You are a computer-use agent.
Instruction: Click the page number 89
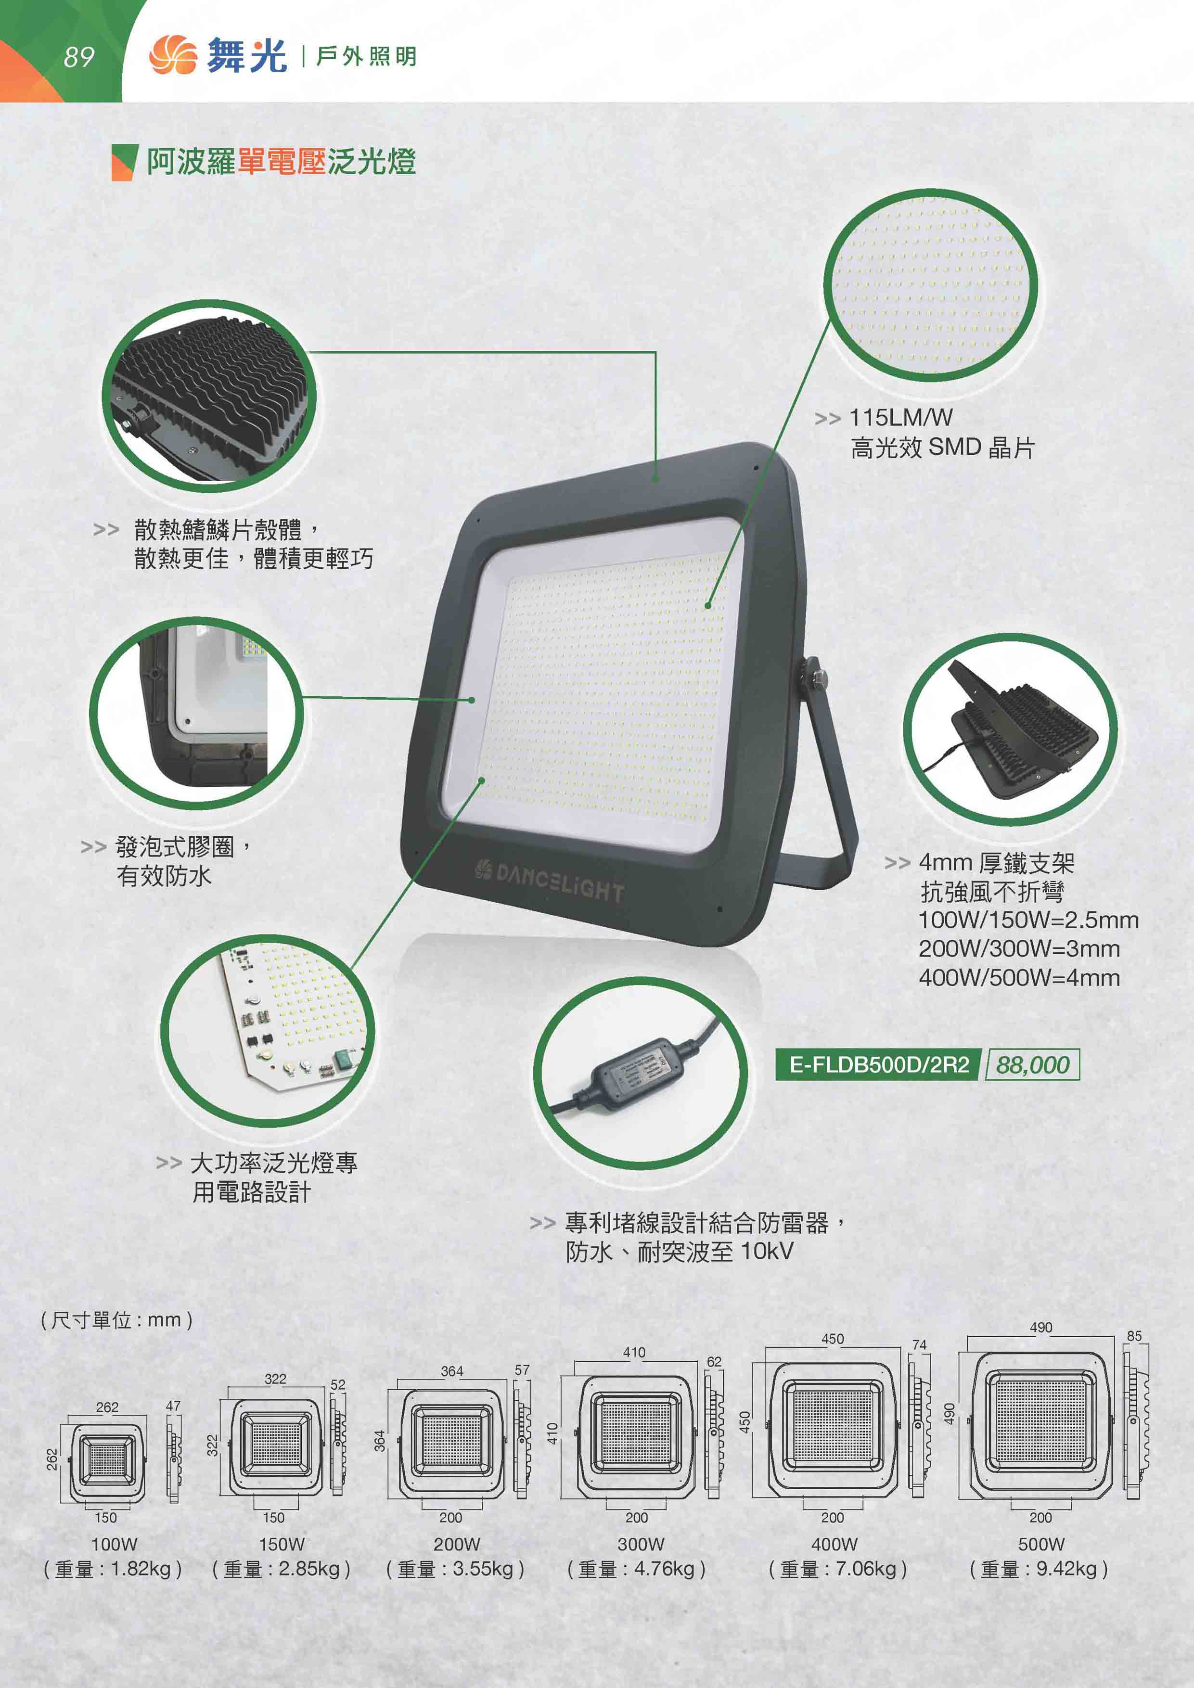coord(78,57)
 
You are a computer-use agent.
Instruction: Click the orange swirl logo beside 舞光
coord(173,56)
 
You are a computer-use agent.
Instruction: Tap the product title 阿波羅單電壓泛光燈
coord(281,162)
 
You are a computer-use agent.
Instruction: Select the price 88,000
coord(1032,1064)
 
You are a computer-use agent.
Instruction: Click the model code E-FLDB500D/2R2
coord(879,1064)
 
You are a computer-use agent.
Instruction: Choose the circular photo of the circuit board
coord(268,1031)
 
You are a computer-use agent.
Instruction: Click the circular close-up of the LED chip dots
coord(930,285)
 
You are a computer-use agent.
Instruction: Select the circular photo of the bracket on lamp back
coord(1010,730)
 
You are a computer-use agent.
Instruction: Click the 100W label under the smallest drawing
coord(114,1544)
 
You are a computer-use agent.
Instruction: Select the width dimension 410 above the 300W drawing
coord(634,1352)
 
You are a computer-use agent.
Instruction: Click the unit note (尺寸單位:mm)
coord(117,1320)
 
